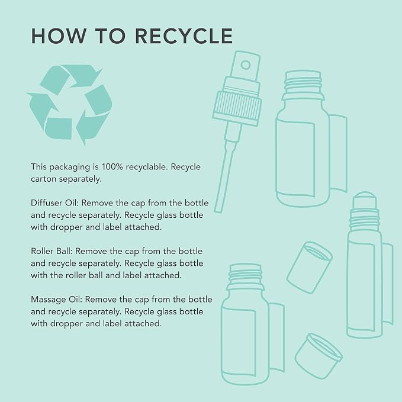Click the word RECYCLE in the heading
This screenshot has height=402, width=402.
click(184, 36)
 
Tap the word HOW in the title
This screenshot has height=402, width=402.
click(57, 36)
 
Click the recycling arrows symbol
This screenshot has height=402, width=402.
click(69, 104)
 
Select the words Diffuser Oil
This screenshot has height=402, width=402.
click(55, 203)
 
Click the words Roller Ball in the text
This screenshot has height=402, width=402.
click(52, 251)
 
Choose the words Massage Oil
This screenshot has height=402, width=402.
click(56, 300)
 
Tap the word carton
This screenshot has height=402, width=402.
click(43, 179)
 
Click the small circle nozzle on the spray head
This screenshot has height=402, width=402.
click(245, 65)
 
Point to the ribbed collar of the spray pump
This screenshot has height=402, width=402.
click(237, 105)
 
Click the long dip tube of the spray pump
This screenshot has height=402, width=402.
click(226, 177)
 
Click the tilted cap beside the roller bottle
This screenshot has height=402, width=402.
click(309, 268)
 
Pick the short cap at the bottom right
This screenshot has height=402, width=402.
click(319, 356)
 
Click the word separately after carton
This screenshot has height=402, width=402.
click(80, 179)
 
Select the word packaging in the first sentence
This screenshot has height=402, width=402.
click(70, 168)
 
